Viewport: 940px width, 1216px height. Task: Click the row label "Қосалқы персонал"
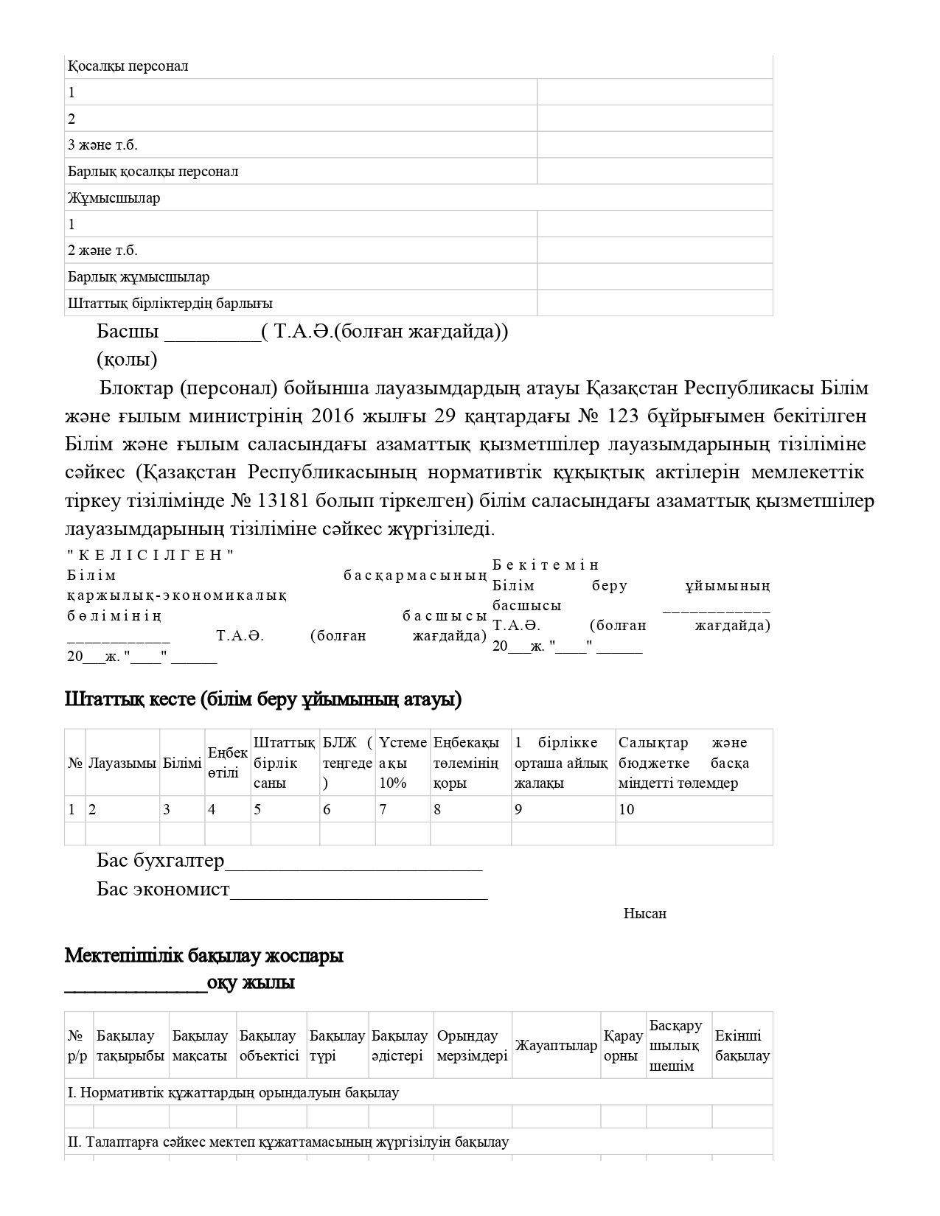(128, 66)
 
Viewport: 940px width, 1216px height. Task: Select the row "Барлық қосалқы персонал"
(153, 172)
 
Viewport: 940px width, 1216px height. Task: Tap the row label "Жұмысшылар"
(114, 198)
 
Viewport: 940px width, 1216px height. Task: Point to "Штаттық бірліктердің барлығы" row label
(170, 304)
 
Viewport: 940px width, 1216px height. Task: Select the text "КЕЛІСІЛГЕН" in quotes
(150, 556)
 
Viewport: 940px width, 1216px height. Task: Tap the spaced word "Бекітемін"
(546, 565)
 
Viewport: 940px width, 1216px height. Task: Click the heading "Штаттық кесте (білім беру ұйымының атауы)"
(263, 699)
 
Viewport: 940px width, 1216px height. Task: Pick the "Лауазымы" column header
(122, 764)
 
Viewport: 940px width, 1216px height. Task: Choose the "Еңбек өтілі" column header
(227, 764)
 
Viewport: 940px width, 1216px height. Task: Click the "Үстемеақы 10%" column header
(403, 763)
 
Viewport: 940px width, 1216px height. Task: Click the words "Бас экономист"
(163, 890)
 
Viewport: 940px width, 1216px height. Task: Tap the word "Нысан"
(644, 914)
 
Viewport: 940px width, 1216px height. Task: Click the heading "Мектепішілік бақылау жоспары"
(204, 957)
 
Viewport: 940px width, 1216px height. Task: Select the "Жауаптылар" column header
(556, 1046)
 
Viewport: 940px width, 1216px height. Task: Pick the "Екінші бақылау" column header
(742, 1046)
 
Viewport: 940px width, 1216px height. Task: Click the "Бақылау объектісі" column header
(269, 1046)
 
